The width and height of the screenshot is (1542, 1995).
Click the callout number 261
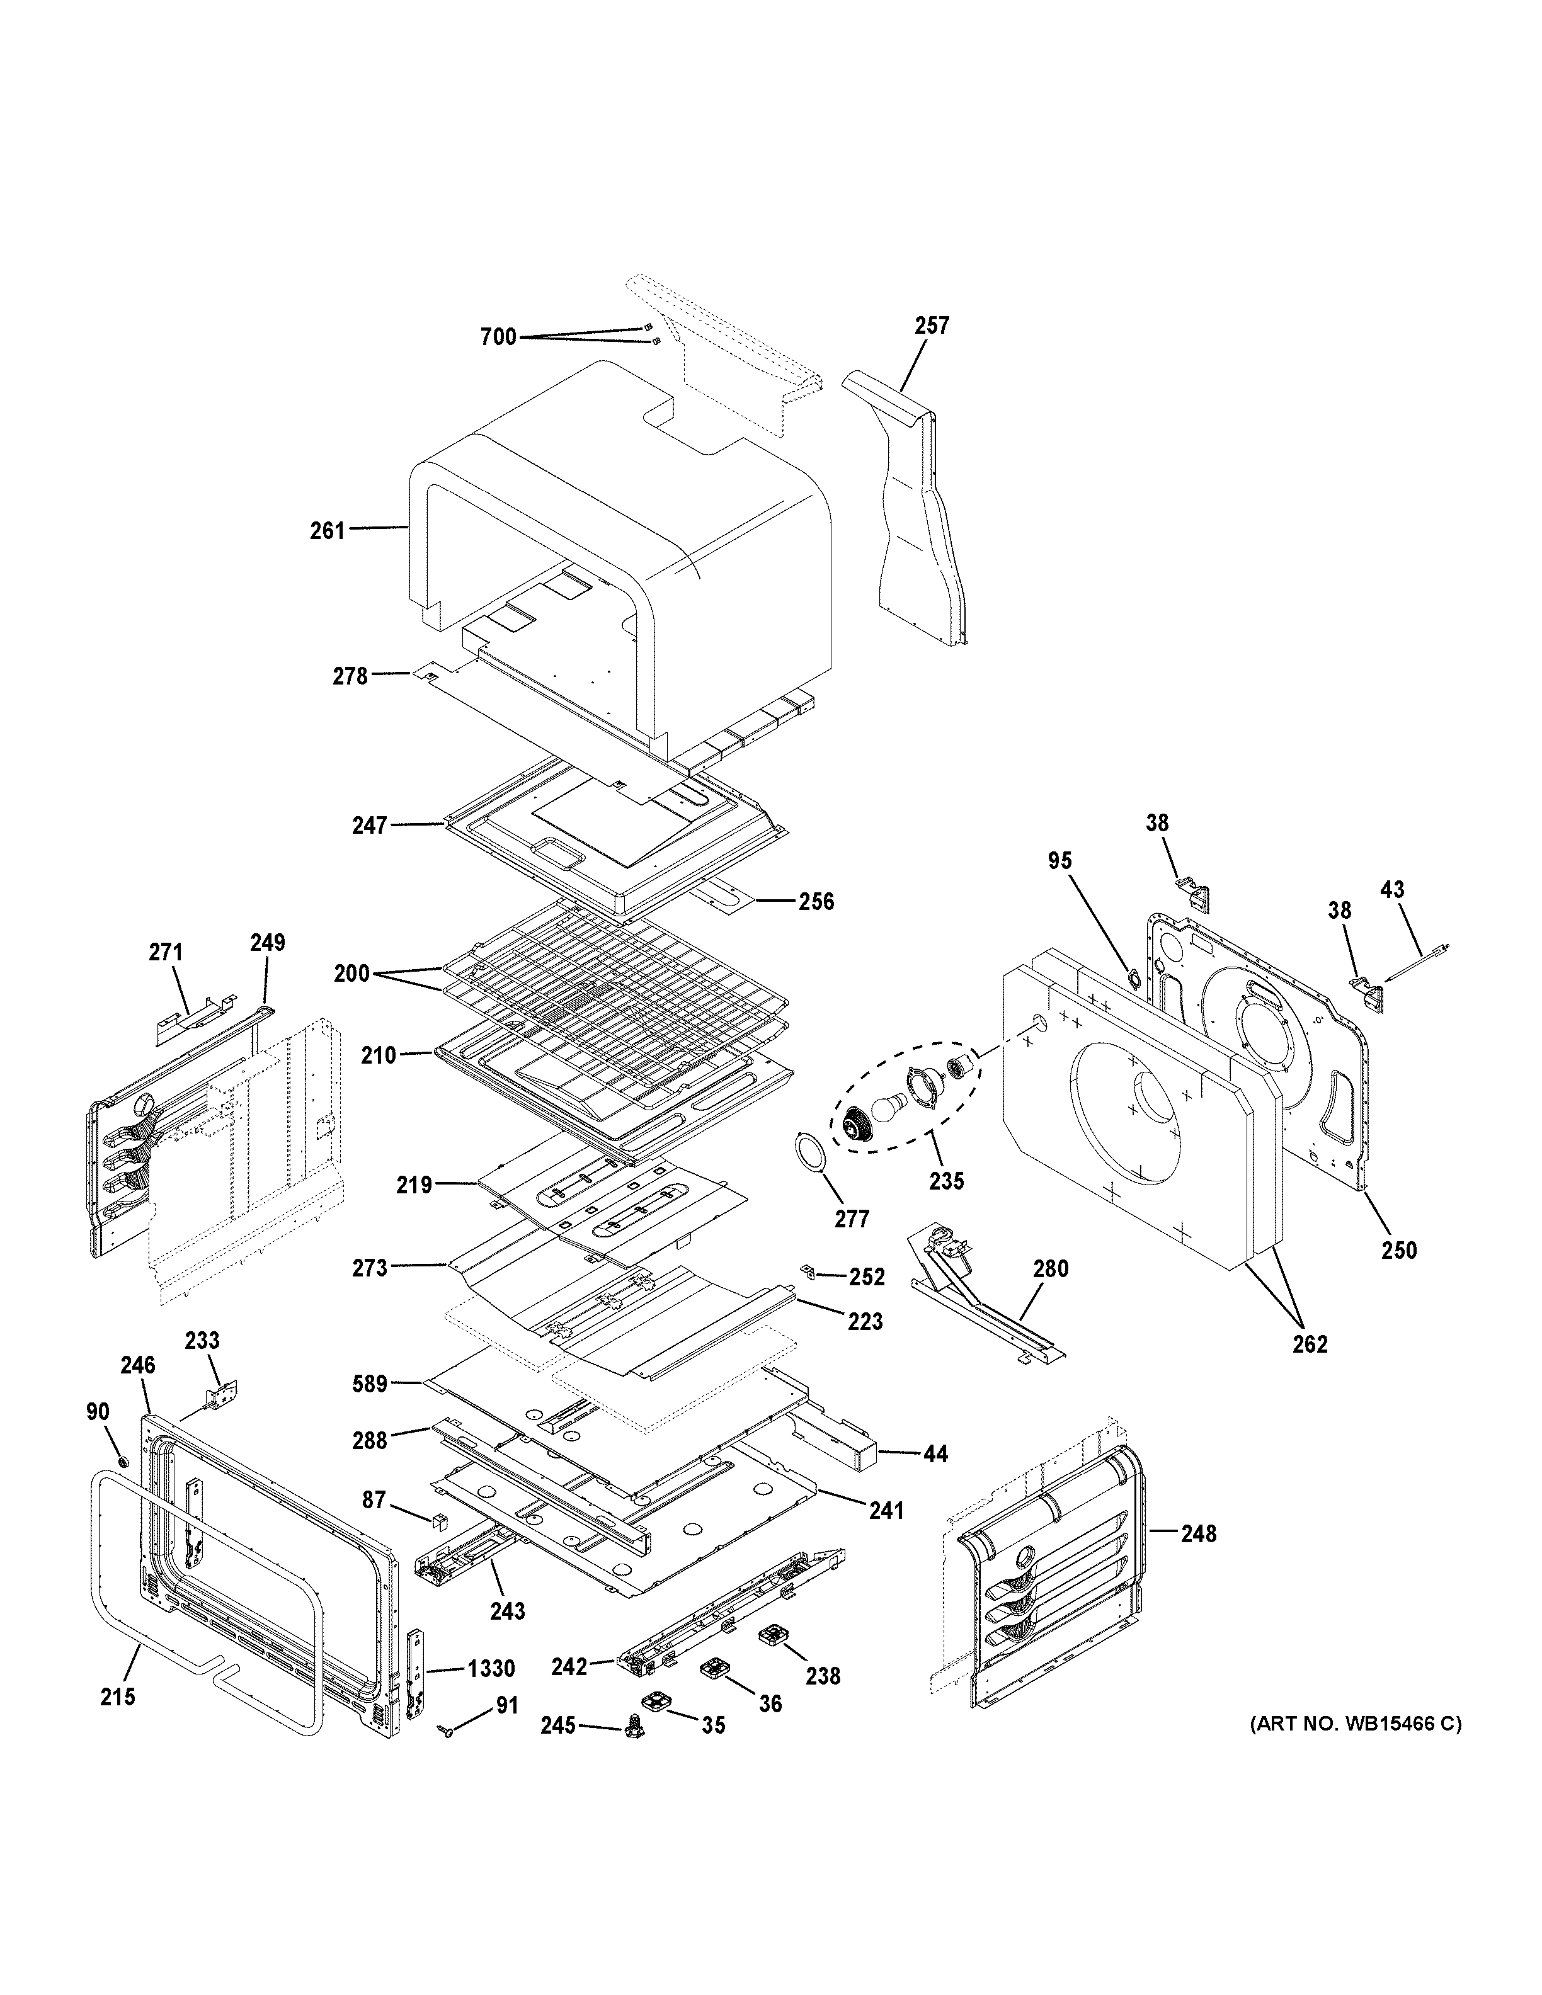click(x=327, y=531)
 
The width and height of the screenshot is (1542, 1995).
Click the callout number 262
click(x=1309, y=1344)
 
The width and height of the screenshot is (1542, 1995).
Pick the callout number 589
click(x=370, y=1384)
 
